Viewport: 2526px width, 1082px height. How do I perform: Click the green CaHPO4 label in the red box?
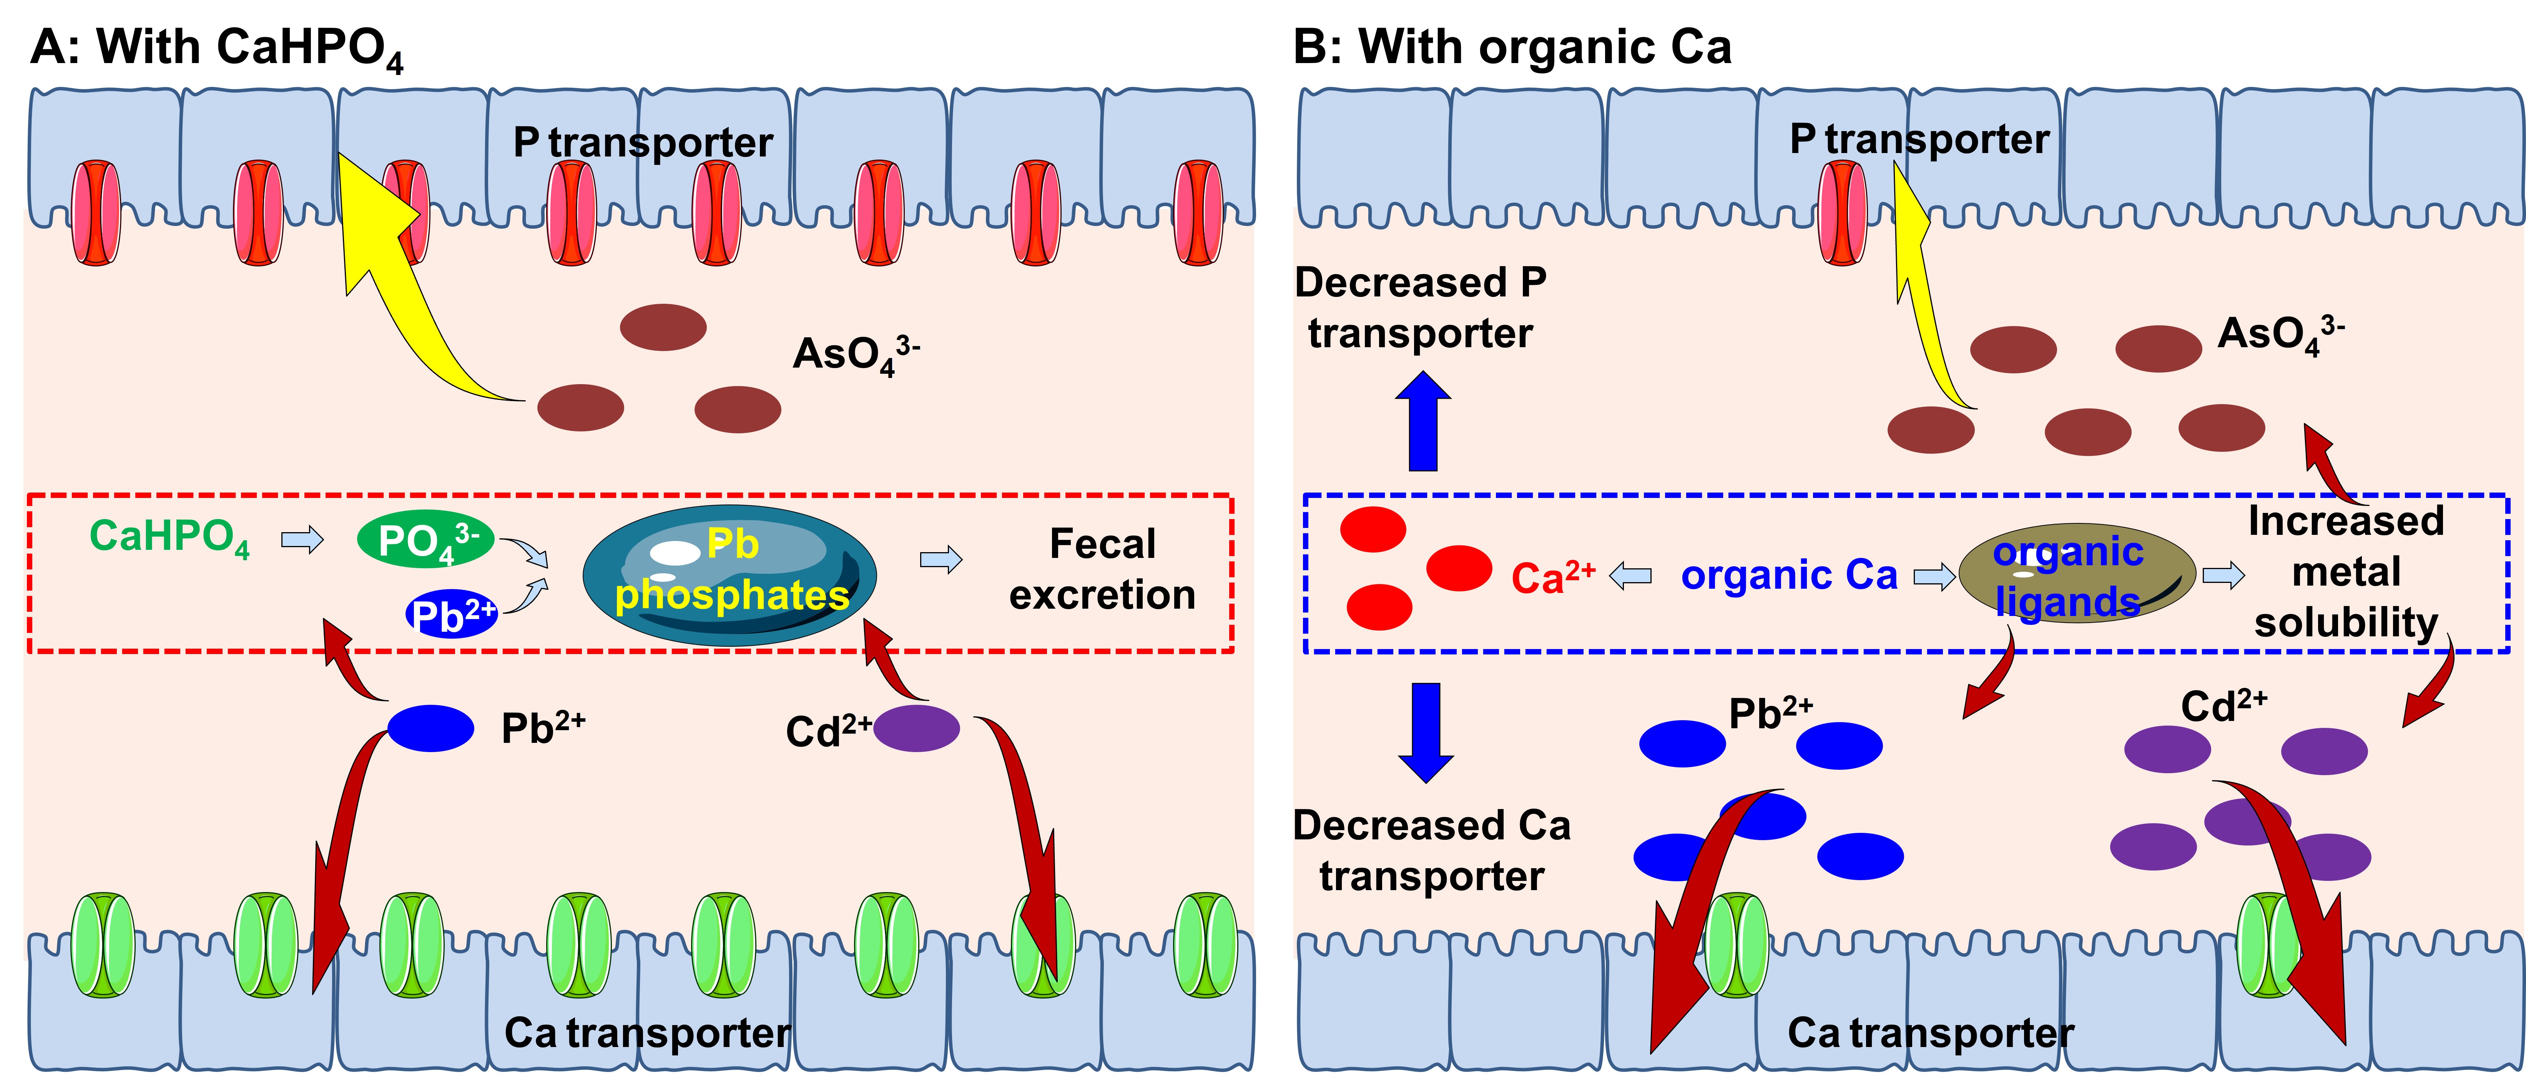(169, 538)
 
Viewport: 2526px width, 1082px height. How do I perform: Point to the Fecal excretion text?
(1102, 569)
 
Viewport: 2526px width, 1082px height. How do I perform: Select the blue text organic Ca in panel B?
(1788, 575)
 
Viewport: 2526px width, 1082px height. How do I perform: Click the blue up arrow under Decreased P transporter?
(1423, 422)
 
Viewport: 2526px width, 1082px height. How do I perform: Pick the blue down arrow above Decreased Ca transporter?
(1425, 731)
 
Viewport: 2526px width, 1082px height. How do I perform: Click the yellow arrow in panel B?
(1922, 294)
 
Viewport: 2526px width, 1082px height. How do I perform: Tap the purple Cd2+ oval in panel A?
(916, 729)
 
